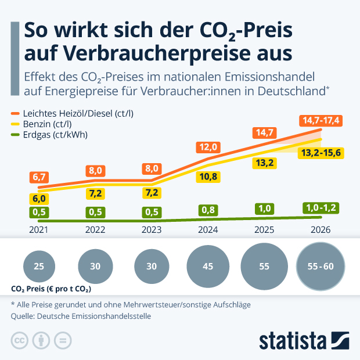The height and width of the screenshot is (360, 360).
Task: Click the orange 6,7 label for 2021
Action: click(39, 177)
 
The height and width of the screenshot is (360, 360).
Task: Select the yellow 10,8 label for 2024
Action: click(208, 175)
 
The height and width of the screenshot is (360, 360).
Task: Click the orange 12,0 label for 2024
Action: click(208, 146)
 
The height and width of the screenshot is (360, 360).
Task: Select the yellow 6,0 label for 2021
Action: click(39, 198)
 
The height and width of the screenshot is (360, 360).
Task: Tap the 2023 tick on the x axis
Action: click(152, 229)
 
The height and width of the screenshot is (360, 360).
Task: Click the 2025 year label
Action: click(264, 229)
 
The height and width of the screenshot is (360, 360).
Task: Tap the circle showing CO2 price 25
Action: click(39, 267)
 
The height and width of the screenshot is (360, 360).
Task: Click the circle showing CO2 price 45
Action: click(208, 267)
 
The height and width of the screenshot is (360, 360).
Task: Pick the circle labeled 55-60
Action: click(321, 267)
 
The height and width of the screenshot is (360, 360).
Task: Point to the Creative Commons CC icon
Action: click(20, 340)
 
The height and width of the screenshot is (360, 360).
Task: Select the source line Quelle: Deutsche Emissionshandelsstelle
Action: click(81, 316)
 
